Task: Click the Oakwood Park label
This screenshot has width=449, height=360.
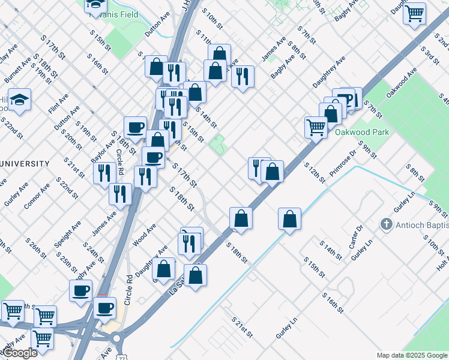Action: click(362, 132)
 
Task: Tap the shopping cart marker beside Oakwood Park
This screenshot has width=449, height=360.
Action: click(316, 127)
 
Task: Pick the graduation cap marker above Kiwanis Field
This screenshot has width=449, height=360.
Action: click(95, 5)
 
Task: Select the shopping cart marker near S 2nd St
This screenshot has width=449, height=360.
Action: click(415, 13)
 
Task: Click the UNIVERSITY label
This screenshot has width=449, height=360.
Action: click(25, 163)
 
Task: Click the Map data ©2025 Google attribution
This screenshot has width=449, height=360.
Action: click(412, 355)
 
